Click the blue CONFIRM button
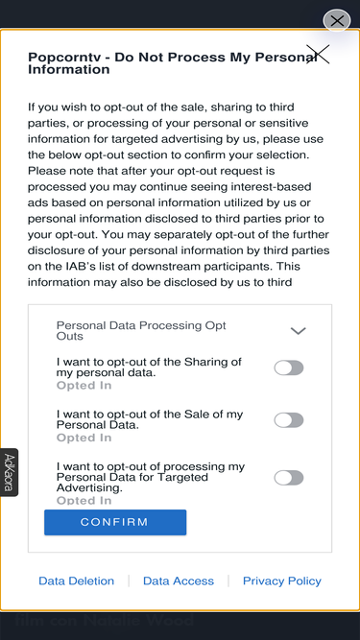point(115,522)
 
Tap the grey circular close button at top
point(337,21)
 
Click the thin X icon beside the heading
point(318,55)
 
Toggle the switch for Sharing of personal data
point(289,367)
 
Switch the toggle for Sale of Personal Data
point(289,420)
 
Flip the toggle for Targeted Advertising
point(289,478)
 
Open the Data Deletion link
point(77,581)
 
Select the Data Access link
point(179,581)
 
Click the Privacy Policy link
point(282,581)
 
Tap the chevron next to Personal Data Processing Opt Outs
point(298,331)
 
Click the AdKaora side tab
point(9,472)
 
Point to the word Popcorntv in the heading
point(65,58)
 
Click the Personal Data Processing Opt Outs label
point(141,331)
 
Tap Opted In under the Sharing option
point(84,386)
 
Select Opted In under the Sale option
point(84,438)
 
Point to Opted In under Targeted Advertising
point(84,501)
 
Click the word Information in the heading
point(68,69)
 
